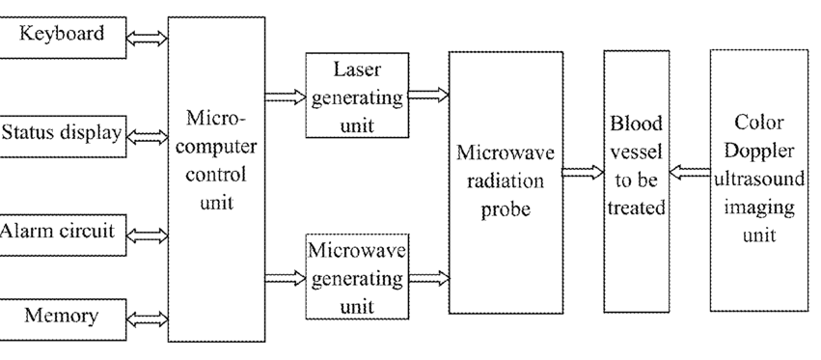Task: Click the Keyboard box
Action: point(63,38)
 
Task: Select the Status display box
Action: point(63,136)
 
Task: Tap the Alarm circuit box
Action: point(63,235)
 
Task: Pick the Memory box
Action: point(63,319)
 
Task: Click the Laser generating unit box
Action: point(357,96)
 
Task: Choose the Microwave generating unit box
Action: point(357,277)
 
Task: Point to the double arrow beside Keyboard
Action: point(148,39)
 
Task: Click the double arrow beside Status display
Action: point(148,137)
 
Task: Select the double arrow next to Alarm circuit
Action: point(148,236)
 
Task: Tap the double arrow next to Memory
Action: point(148,319)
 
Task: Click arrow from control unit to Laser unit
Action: point(286,97)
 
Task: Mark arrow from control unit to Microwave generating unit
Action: point(286,278)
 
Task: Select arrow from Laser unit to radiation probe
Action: point(428,95)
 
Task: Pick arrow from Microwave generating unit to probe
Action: point(428,278)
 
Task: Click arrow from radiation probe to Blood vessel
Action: point(584,173)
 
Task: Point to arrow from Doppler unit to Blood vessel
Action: point(690,173)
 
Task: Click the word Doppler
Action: point(758,152)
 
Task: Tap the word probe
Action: point(506,209)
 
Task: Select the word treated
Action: point(636,208)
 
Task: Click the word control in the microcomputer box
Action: point(216,174)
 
